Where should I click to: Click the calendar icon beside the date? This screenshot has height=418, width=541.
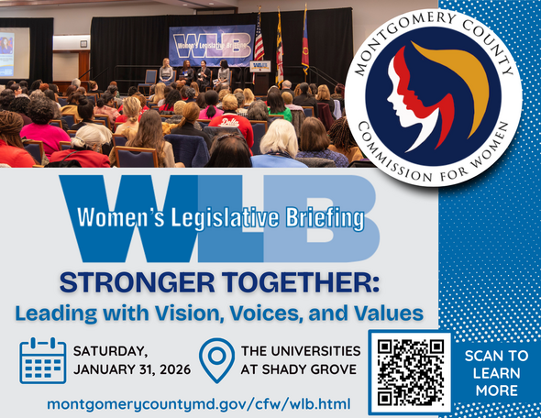[42, 360]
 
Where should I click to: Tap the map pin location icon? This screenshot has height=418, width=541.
[216, 361]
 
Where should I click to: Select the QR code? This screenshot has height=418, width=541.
[410, 370]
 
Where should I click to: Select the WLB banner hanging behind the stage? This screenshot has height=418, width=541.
[211, 45]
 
